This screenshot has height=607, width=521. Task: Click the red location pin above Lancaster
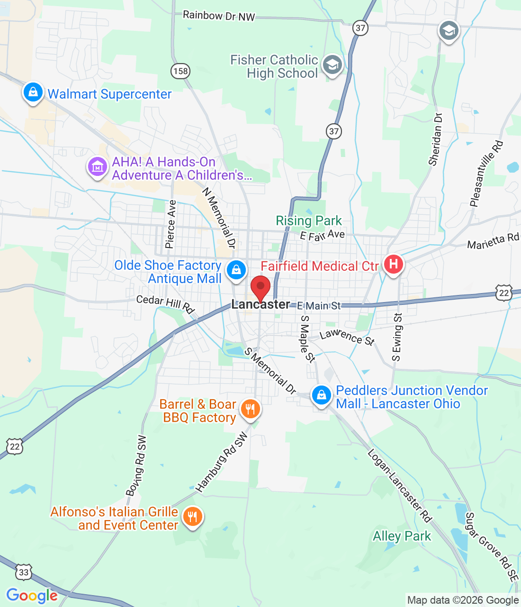click(x=260, y=287)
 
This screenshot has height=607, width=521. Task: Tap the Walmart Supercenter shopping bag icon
click(x=33, y=92)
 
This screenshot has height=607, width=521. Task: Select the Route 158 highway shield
click(x=180, y=72)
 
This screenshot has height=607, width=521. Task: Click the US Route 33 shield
click(x=24, y=573)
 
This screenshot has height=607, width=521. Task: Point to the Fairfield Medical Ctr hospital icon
click(x=393, y=264)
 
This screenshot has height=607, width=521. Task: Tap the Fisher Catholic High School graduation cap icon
click(x=332, y=64)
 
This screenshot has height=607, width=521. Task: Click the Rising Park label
click(x=309, y=221)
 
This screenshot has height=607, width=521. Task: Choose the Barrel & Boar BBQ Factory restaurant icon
click(x=250, y=408)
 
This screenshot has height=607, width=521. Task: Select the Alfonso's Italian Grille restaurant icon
click(x=192, y=516)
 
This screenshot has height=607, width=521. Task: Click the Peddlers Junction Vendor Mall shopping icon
click(x=321, y=395)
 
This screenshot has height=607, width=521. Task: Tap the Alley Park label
click(x=402, y=536)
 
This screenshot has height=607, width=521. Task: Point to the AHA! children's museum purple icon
click(x=97, y=166)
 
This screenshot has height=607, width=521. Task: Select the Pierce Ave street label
click(x=171, y=224)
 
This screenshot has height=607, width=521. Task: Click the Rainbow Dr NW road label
click(x=219, y=16)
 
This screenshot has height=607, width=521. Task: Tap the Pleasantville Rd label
click(x=486, y=174)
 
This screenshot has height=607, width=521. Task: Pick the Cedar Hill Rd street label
click(x=166, y=304)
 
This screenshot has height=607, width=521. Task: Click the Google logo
click(x=32, y=596)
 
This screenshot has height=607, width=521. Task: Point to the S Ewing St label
click(x=397, y=337)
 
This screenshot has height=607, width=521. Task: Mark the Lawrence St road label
click(x=347, y=337)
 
